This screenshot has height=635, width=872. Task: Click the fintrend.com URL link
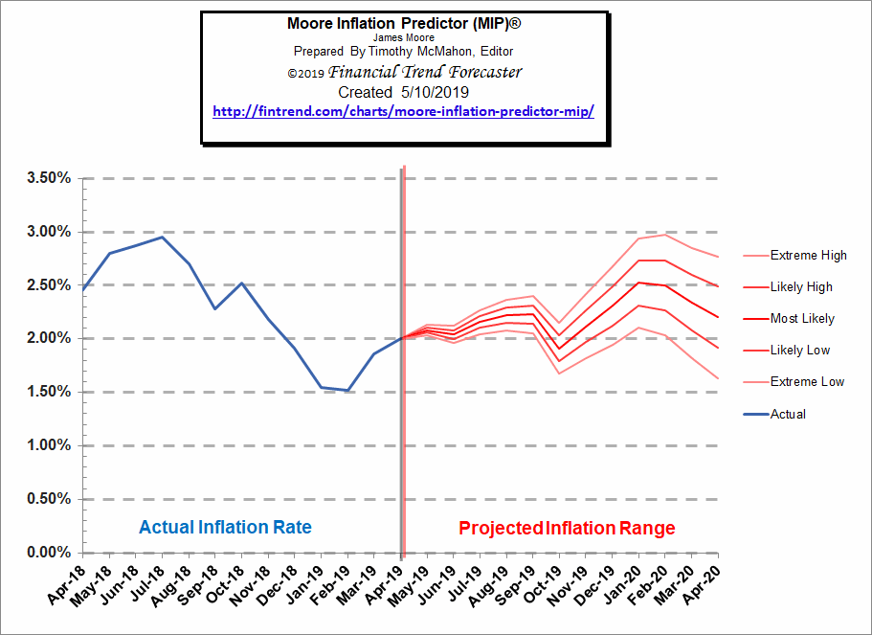point(403,111)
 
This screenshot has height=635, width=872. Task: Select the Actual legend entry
point(788,415)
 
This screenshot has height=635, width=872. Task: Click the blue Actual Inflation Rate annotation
point(225,528)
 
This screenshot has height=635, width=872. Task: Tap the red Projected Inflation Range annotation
point(567,528)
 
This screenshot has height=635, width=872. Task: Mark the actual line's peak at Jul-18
point(163,237)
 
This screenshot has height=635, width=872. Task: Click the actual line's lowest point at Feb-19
point(348,390)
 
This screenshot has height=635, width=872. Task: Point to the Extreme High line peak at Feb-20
point(665,235)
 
